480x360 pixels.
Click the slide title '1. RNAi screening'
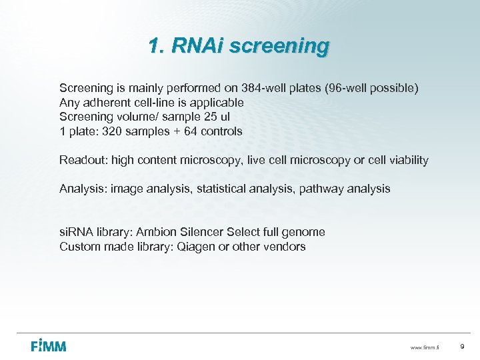tap(239, 46)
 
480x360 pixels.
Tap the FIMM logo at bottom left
tap(49, 345)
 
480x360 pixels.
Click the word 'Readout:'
tap(83, 160)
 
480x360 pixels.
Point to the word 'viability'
tap(406, 160)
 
